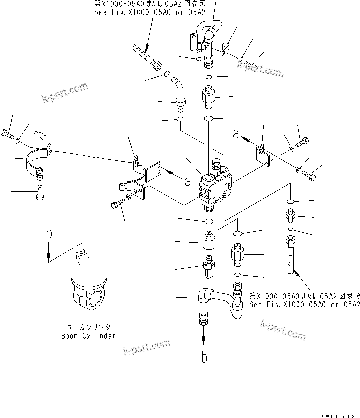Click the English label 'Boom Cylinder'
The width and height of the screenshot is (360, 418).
tap(88, 336)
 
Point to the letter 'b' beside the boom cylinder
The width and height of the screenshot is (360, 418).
tap(48, 233)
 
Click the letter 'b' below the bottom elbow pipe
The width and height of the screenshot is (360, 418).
tap(204, 358)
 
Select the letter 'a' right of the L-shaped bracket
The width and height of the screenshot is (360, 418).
tap(188, 182)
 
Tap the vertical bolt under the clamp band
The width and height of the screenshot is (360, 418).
tap(40, 192)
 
